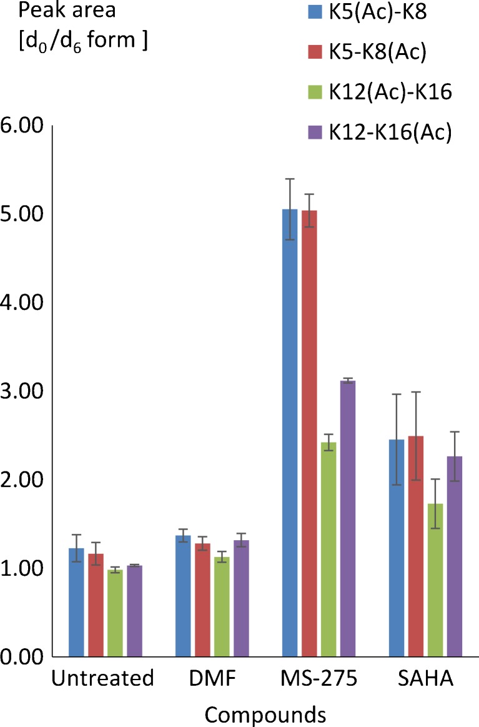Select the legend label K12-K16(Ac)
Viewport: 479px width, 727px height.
click(x=388, y=133)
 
